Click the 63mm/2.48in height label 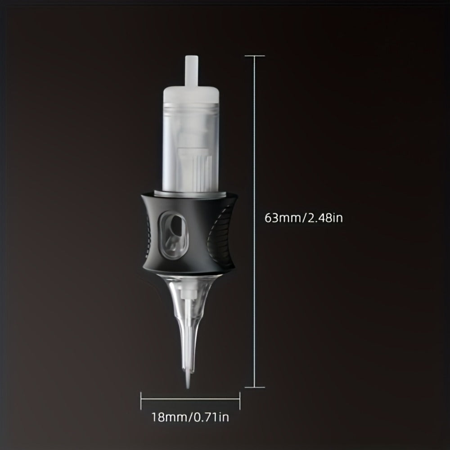click(x=304, y=218)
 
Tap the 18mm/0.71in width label click(x=190, y=417)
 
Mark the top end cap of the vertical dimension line click(x=255, y=56)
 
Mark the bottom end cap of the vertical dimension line click(x=255, y=387)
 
